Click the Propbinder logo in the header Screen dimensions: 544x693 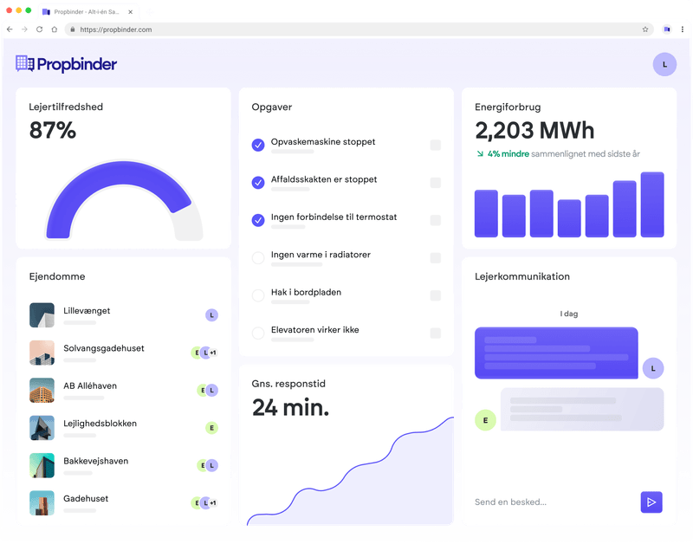click(66, 64)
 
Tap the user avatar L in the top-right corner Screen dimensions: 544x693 click(664, 64)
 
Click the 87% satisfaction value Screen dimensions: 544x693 click(53, 131)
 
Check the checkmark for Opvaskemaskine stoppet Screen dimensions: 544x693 click(257, 145)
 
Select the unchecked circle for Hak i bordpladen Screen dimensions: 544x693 click(257, 295)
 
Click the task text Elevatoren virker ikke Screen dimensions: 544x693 click(314, 330)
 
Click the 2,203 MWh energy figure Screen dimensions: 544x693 click(534, 131)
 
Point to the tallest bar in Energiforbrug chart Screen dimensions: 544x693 click(651, 204)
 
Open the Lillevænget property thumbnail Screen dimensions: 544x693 click(42, 315)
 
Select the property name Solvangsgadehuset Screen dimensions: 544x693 click(104, 348)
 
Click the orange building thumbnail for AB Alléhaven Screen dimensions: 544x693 click(42, 391)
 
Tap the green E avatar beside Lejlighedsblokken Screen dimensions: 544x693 click(211, 428)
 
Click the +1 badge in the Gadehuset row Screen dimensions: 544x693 click(213, 503)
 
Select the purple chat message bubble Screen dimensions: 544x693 click(556, 353)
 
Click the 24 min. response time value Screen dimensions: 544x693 click(290, 407)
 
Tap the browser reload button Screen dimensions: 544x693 click(39, 29)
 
